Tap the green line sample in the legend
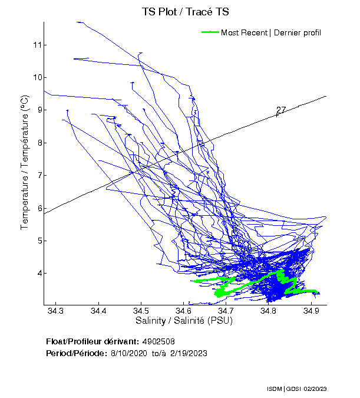pyautogui.click(x=210, y=32)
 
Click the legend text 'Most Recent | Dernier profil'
pyautogui.click(x=271, y=32)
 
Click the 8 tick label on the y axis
pyautogui.click(x=38, y=143)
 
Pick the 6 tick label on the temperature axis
pyautogui.click(x=38, y=208)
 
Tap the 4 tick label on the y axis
pyautogui.click(x=38, y=274)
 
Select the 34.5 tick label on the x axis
pyautogui.click(x=141, y=311)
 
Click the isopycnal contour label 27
pyautogui.click(x=281, y=110)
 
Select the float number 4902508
pyautogui.click(x=158, y=341)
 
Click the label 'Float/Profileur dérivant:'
pyautogui.click(x=93, y=341)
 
